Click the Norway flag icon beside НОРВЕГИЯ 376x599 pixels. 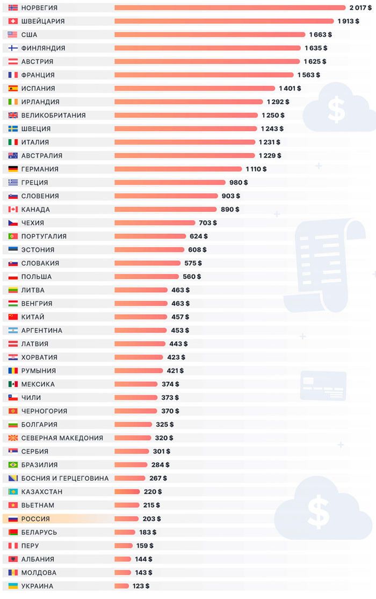point(13,8)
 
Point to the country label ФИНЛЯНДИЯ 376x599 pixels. point(43,48)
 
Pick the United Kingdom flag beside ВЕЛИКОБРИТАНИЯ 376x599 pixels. point(13,115)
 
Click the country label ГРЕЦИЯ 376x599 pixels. point(34,182)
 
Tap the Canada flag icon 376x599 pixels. point(13,209)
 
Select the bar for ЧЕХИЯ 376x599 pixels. point(155,222)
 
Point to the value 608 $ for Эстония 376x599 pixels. point(197,249)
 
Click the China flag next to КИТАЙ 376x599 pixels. point(13,317)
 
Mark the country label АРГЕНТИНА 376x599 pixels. point(41,330)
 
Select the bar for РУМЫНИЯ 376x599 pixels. point(139,371)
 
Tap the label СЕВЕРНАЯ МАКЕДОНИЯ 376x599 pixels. point(62,438)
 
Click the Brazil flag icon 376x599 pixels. point(13,465)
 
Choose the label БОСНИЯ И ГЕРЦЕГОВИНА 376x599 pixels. point(64,478)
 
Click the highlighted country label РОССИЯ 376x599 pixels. point(35,519)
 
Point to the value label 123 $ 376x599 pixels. point(140,586)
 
